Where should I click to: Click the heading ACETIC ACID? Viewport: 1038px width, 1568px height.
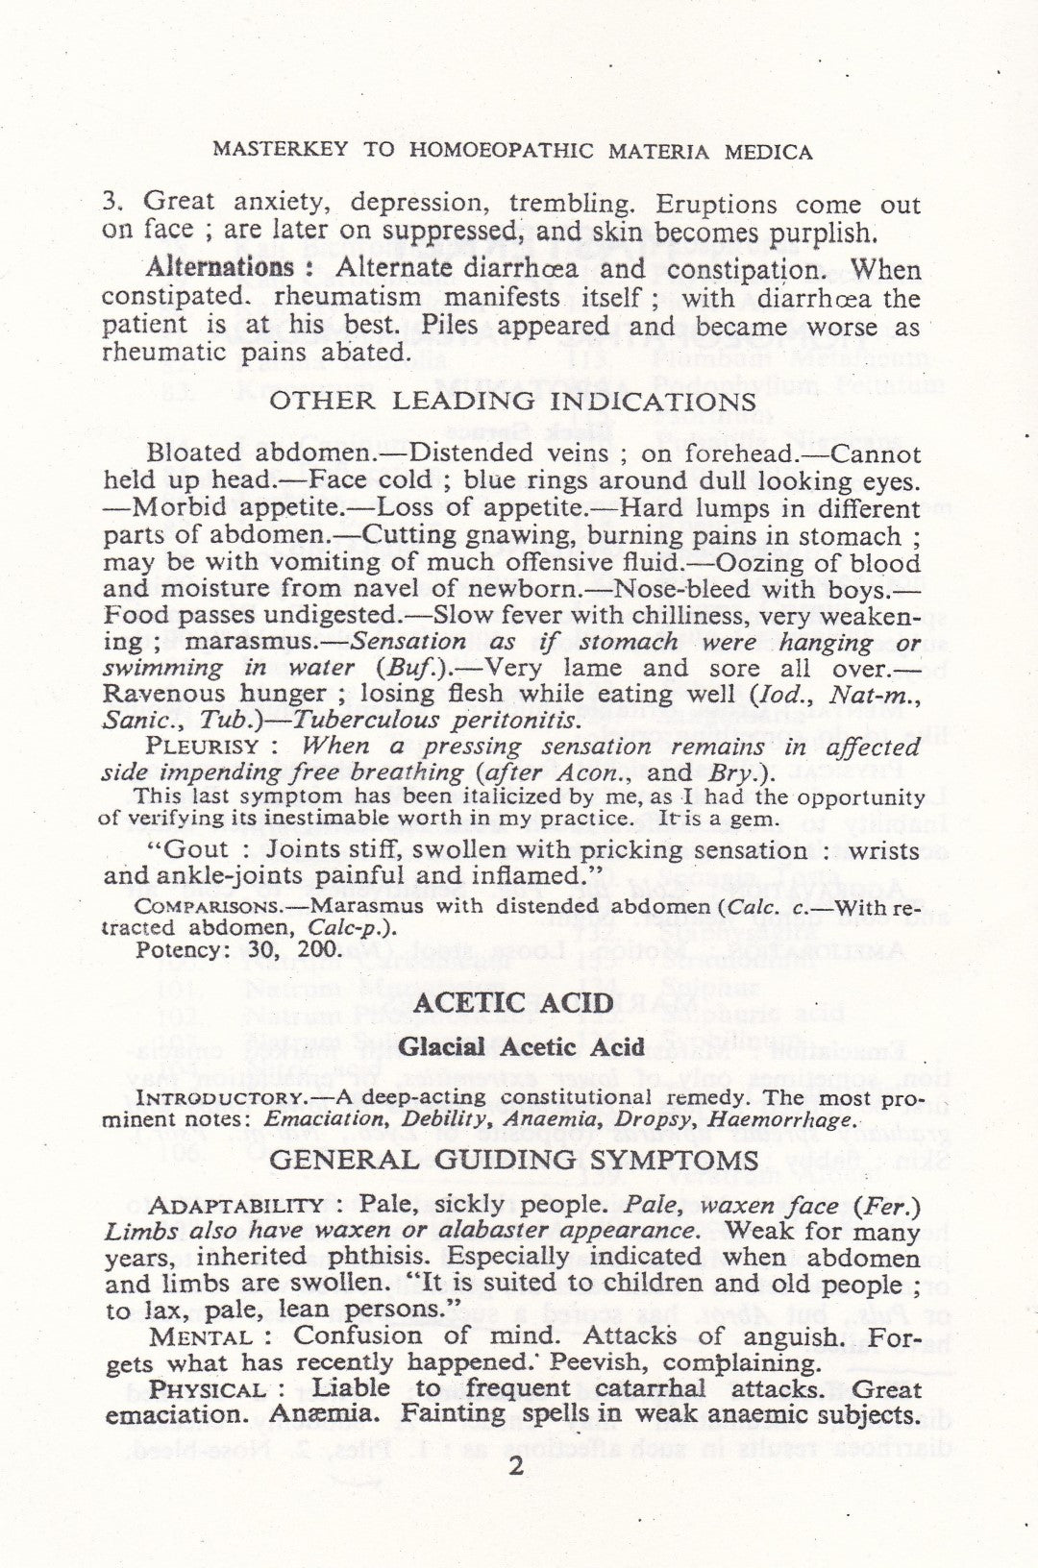(519, 1003)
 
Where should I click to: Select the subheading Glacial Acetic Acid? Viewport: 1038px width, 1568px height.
(521, 1046)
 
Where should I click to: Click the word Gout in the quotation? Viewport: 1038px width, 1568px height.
(198, 849)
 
